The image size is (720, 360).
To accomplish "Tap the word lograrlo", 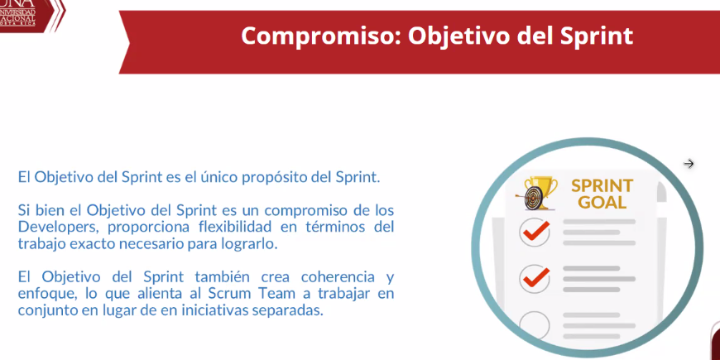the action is (x=252, y=244).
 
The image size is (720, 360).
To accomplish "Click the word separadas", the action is (x=287, y=310).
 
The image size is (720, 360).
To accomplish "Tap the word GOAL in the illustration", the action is (x=602, y=202).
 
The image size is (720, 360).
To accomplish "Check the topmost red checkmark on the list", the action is (x=535, y=232).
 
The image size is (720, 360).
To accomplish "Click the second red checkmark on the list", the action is (x=535, y=277).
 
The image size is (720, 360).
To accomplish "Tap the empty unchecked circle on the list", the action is (x=535, y=325).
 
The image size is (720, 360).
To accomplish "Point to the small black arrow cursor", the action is (x=689, y=164).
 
